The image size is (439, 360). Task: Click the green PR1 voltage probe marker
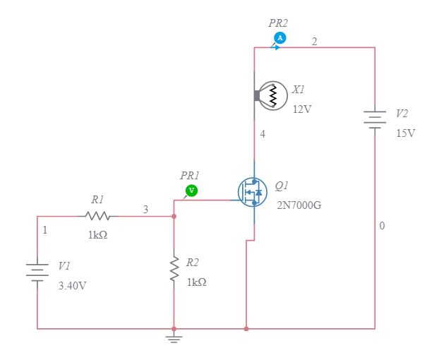click(x=191, y=191)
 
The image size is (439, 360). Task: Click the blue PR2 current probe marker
click(x=279, y=37)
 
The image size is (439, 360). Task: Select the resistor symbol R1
click(x=97, y=216)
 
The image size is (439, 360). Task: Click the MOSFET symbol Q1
click(x=252, y=191)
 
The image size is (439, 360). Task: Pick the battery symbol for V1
click(x=37, y=271)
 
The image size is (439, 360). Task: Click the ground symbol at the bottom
click(x=174, y=338)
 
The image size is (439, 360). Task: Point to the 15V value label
click(x=406, y=133)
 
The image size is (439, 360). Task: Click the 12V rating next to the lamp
click(x=302, y=109)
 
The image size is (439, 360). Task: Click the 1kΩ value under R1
click(x=97, y=235)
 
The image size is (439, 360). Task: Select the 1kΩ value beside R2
click(x=196, y=282)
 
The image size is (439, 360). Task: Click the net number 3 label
click(x=145, y=209)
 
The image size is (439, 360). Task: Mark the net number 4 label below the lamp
click(x=263, y=133)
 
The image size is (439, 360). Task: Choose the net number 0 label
click(x=382, y=226)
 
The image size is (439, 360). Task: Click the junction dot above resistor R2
click(x=174, y=216)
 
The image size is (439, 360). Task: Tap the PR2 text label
click(x=278, y=23)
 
